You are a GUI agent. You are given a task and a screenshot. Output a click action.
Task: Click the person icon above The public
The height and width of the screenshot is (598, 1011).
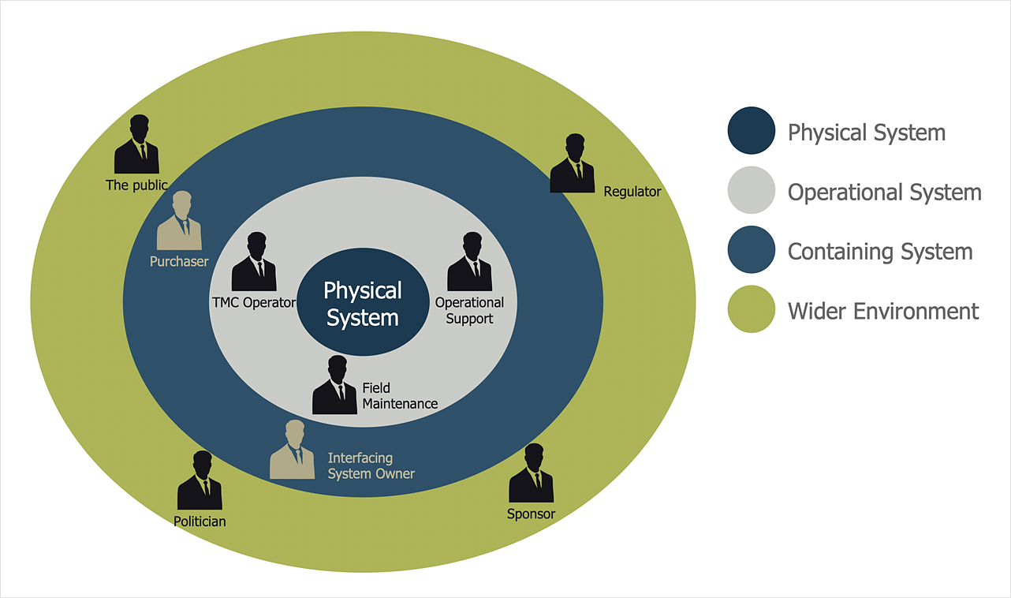tap(136, 145)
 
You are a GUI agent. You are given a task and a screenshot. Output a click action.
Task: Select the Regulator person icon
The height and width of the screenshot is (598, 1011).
tap(572, 164)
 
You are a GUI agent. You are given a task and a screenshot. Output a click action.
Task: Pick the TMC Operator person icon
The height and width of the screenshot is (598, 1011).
tap(254, 263)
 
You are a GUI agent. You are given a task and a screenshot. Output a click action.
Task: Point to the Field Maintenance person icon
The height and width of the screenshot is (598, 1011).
tap(334, 386)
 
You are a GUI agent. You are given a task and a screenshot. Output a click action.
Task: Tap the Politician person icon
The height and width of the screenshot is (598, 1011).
tap(200, 481)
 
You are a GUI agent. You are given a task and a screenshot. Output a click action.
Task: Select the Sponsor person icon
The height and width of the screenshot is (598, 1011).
tap(531, 474)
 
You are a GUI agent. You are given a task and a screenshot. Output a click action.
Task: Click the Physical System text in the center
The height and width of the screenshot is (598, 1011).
tap(363, 304)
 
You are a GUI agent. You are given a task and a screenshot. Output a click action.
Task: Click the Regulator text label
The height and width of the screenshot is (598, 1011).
tap(632, 192)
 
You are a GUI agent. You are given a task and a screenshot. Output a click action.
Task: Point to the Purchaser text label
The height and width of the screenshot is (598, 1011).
tap(179, 261)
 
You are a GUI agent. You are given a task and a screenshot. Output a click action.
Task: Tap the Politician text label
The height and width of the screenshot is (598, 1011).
tap(200, 521)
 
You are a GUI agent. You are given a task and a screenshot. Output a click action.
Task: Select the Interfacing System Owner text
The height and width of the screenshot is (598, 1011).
tap(371, 465)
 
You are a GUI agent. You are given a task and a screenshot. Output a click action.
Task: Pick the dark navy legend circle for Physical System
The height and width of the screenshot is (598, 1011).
tap(751, 130)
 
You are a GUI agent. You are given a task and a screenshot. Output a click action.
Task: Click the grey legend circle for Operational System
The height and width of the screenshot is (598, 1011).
tap(751, 190)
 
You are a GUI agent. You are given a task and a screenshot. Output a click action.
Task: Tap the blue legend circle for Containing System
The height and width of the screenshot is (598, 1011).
tap(751, 250)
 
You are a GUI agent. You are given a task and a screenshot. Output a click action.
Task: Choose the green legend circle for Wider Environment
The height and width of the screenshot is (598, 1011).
tap(751, 309)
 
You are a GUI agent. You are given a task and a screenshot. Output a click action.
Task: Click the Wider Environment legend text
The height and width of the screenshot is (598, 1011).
tap(883, 311)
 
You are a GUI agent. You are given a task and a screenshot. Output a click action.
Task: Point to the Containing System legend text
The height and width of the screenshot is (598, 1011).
tap(880, 252)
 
